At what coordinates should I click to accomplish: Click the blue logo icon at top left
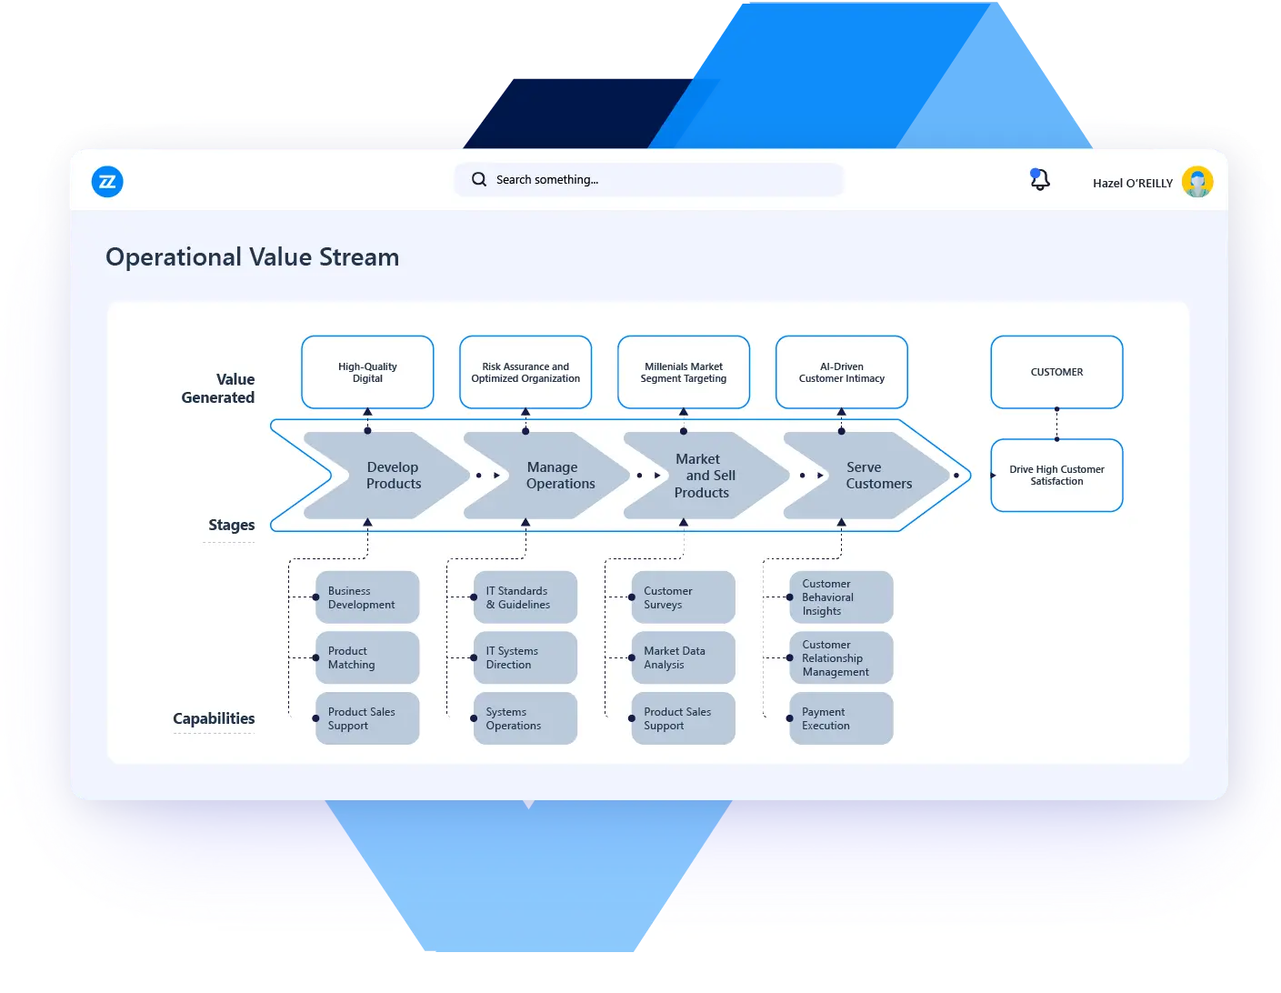(x=107, y=182)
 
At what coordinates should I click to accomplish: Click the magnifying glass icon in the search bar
(x=479, y=179)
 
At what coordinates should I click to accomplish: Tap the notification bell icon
(x=1039, y=180)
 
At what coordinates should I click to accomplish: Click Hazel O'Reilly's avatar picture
(x=1197, y=182)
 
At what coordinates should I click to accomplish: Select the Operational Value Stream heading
(x=252, y=257)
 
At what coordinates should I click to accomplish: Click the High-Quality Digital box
(x=367, y=372)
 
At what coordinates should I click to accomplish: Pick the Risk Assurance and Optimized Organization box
(x=525, y=372)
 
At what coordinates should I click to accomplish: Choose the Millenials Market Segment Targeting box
(x=684, y=372)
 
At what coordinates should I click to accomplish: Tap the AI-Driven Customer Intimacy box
(x=841, y=372)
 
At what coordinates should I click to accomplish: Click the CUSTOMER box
(x=1056, y=372)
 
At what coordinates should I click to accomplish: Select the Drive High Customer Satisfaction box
(x=1056, y=475)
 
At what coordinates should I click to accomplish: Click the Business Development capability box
(x=367, y=597)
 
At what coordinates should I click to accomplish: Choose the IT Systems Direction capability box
(x=525, y=657)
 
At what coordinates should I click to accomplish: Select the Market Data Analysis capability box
(x=683, y=657)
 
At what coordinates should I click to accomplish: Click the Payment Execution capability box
(x=841, y=718)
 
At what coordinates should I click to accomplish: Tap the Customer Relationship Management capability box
(x=841, y=657)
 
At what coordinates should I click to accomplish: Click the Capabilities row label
(x=214, y=718)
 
